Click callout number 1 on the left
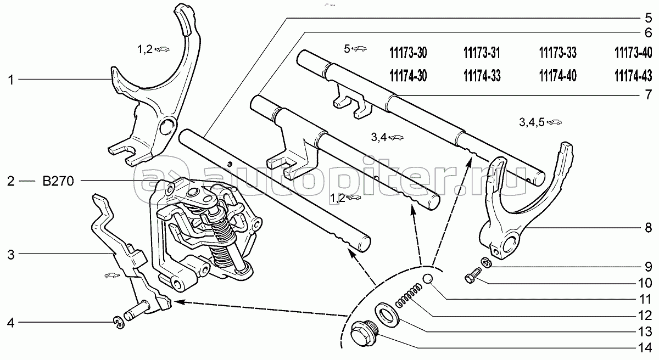10,80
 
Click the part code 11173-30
407,53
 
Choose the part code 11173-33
557,53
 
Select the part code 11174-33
482,75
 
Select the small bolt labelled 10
473,275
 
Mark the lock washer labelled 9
485,262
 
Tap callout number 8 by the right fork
648,227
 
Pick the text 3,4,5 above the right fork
530,122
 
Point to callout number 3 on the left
10,254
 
